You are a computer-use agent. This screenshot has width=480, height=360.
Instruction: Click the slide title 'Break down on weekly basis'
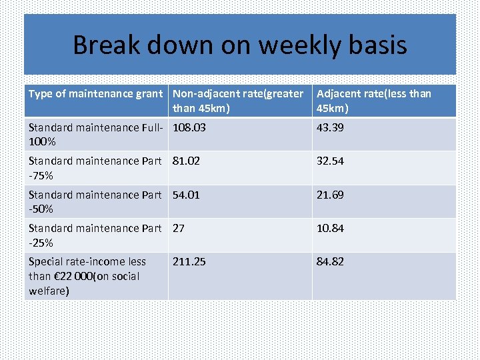click(x=239, y=45)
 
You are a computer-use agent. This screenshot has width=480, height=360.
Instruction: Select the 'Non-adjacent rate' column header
click(x=238, y=101)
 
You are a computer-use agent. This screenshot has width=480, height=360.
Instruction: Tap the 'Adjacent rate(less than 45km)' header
click(x=374, y=101)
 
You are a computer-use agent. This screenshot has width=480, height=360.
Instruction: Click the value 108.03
click(x=189, y=127)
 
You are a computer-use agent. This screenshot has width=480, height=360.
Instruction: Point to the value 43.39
click(x=330, y=127)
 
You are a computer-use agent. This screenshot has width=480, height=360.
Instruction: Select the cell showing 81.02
click(x=186, y=161)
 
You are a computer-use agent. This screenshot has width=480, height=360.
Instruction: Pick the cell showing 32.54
click(x=330, y=161)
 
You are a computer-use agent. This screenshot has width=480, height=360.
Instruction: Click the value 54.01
click(x=186, y=195)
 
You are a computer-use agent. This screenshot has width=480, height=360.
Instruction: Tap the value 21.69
click(x=330, y=195)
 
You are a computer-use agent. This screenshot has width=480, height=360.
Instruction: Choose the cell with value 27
click(x=179, y=228)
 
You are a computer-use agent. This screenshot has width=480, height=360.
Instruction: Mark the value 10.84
click(x=330, y=228)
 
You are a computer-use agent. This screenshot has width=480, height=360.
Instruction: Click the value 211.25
click(x=189, y=261)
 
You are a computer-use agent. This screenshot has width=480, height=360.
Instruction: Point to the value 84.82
click(x=330, y=261)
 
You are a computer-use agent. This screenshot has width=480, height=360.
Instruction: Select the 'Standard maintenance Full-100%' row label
click(x=95, y=134)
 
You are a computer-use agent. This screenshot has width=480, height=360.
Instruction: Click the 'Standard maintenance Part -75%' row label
click(x=95, y=168)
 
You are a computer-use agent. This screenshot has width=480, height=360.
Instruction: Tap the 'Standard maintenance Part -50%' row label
click(x=95, y=201)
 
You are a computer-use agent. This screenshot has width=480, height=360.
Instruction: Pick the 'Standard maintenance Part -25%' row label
click(x=95, y=235)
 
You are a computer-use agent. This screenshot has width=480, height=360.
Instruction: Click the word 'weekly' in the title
click(x=300, y=45)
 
